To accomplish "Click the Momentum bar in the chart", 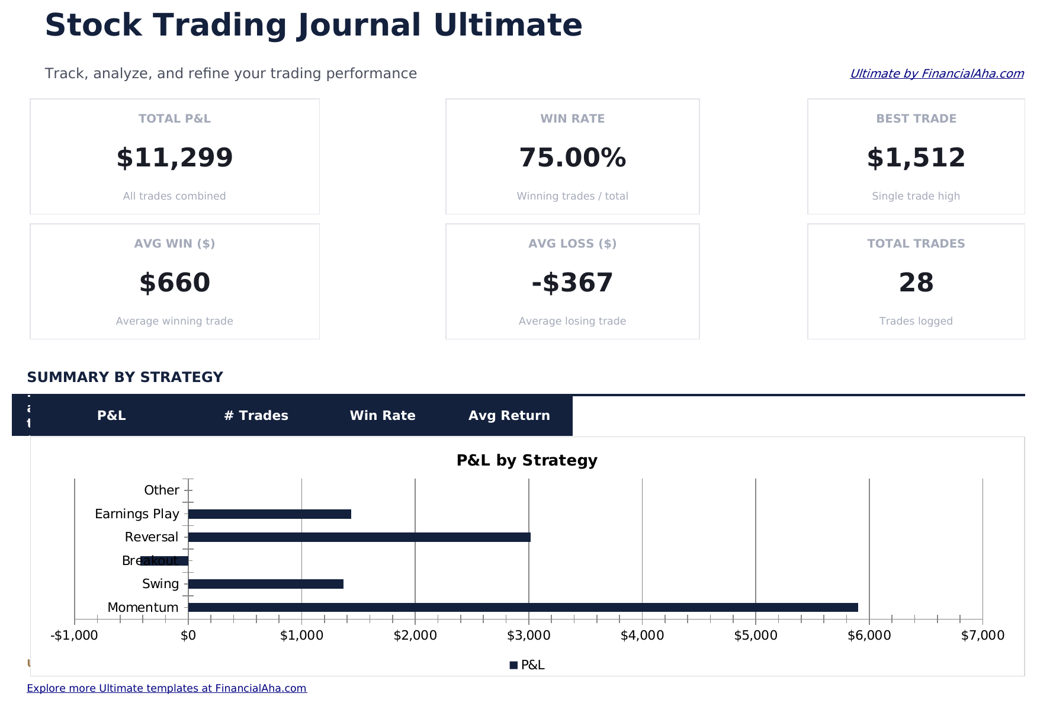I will pos(521,607).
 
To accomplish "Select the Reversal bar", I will pos(359,537).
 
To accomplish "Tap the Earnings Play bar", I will pos(269,514).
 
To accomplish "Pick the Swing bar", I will pos(265,584).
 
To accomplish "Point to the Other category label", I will pos(161,490).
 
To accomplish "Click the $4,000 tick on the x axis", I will pos(642,636).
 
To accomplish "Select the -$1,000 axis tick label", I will pos(74,636).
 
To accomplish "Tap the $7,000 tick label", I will pos(983,636).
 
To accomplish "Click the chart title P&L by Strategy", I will pos(526,460).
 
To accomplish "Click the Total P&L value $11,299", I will pos(175,158).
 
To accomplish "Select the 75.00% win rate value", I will pos(572,158).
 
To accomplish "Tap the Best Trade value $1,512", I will pos(916,158).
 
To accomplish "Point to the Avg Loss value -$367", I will pos(572,283).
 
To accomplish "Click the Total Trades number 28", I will pos(916,283).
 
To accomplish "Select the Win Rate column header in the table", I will pos(383,416).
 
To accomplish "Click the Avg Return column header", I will pos(509,416).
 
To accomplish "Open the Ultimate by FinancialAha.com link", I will pos(936,73).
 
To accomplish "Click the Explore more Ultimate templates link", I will pos(166,688).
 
